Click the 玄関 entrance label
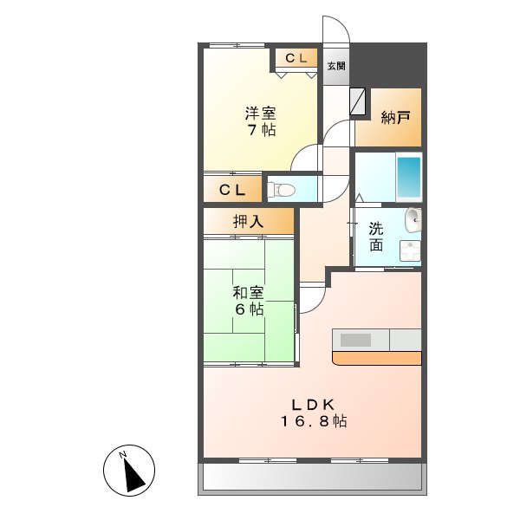pos(337,66)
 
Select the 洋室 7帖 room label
pos(259,120)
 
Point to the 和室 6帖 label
pos(248,301)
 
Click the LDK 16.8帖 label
pos(313,412)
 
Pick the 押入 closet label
pos(248,222)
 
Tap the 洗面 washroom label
pos(376,236)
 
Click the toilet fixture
pos(282,188)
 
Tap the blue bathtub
pos(408,178)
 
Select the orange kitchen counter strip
pos(376,358)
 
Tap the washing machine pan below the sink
pos(409,250)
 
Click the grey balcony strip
pos(313,478)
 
